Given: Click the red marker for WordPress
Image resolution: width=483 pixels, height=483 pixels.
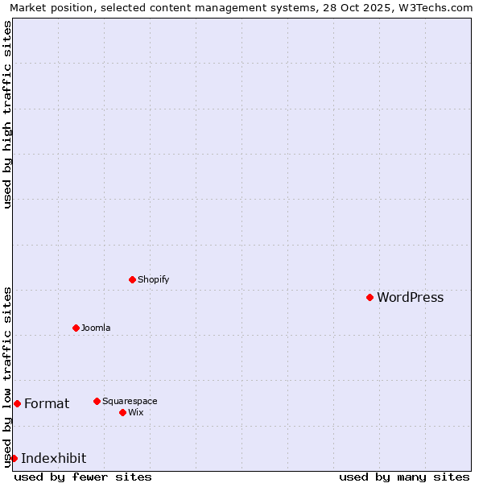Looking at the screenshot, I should [370, 298].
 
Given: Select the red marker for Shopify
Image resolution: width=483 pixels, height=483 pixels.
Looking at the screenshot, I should [133, 279].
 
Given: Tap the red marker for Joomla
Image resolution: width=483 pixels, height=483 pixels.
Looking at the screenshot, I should [76, 328].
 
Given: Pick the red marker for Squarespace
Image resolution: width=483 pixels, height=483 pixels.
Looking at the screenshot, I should [97, 401].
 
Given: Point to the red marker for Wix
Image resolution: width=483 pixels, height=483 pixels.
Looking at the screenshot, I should [122, 412].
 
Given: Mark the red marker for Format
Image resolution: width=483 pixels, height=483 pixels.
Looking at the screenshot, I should [17, 403].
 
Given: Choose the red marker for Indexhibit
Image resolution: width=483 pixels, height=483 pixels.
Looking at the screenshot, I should [14, 458].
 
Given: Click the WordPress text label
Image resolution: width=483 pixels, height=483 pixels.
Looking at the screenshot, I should [410, 298].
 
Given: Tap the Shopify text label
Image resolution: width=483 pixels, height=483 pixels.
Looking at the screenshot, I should [153, 279].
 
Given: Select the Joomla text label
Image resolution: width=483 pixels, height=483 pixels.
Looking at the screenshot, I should [96, 328].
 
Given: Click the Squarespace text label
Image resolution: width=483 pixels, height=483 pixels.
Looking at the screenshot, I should [130, 401].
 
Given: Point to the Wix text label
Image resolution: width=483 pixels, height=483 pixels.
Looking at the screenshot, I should [135, 412].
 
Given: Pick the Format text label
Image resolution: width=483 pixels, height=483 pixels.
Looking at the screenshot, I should [47, 403].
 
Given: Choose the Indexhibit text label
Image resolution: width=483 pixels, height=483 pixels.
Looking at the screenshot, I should [53, 458].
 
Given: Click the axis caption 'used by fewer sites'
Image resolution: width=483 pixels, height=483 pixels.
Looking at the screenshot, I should [83, 477].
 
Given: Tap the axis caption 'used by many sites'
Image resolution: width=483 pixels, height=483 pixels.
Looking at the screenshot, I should [404, 477].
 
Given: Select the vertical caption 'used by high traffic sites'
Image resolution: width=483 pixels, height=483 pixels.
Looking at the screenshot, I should [7, 114].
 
